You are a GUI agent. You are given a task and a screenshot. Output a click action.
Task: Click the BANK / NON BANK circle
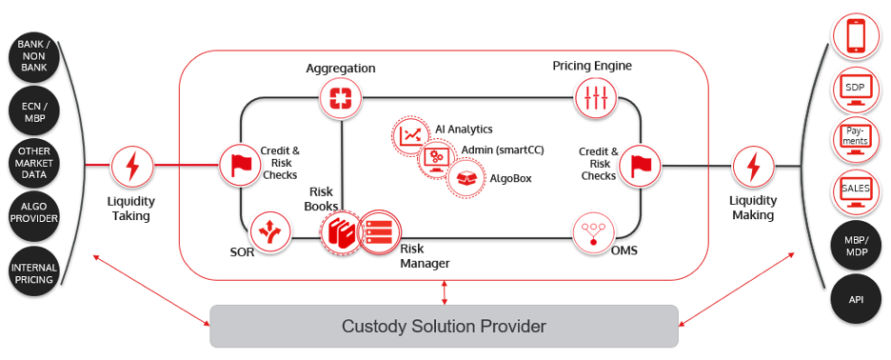pos(34,59)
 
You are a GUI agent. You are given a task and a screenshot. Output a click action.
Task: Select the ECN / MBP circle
pos(34,112)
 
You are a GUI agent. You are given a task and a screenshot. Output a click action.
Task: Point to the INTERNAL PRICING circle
pos(34,271)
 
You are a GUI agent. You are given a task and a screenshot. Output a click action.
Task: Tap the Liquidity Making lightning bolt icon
pos(754,166)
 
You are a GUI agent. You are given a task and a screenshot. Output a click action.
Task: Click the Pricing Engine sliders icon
pos(594,97)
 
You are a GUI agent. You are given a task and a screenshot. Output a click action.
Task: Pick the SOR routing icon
pos(270,230)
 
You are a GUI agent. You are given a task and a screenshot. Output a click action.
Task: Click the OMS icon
pos(593,230)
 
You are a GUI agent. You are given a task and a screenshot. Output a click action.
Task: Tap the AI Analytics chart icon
pos(411,136)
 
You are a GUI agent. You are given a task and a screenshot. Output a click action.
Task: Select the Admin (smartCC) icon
pos(438,156)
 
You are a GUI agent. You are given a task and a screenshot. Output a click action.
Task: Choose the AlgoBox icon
pos(465,177)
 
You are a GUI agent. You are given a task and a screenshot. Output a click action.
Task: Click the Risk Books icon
pos(341,231)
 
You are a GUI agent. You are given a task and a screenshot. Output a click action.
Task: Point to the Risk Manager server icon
pos(378,230)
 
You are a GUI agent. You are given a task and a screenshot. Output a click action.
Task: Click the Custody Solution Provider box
pos(444,327)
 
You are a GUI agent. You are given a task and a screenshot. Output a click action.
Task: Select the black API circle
pos(856,298)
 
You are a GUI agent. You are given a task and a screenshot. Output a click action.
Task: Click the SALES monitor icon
pos(856,189)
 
